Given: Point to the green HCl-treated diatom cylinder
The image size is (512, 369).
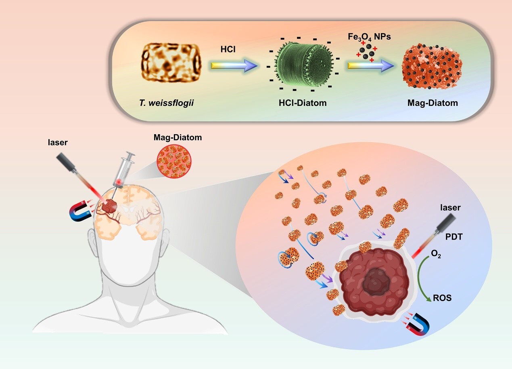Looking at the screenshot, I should (301, 64).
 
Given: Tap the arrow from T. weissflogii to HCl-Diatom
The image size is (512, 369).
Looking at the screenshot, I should (233, 65).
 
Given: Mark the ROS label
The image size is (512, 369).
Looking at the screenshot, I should (442, 299).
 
